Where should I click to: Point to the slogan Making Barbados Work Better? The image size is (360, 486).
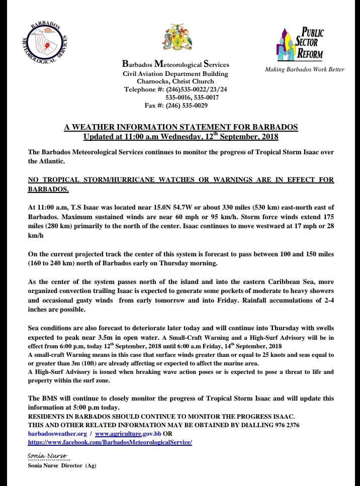point(305,69)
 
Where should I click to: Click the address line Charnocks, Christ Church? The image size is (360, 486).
point(175,81)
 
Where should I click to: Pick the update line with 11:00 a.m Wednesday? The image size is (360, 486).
point(181,136)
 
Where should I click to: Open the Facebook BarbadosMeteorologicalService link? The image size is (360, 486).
point(110,442)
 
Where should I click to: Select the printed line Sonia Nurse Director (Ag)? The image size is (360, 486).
point(62,465)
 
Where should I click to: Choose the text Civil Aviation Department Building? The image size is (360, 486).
point(175,73)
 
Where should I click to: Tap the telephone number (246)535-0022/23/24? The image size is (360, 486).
point(193,89)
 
